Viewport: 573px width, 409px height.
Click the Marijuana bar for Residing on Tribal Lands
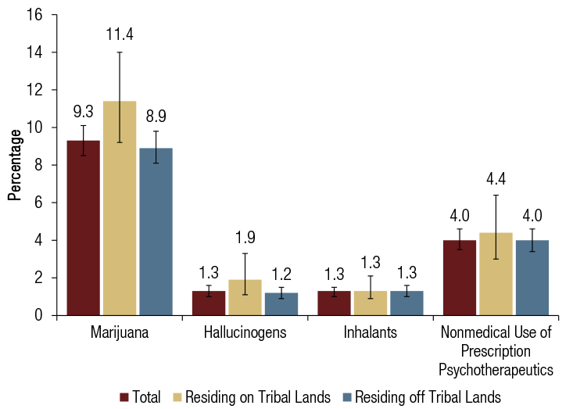[120, 208]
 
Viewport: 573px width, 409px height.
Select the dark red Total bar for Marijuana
[83, 228]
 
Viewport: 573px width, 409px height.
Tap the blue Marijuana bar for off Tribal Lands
[156, 231]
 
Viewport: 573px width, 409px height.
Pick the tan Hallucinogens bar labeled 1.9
[245, 297]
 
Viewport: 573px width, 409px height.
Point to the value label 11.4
[120, 33]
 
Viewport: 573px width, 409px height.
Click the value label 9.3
[83, 112]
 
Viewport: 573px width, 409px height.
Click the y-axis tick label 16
[35, 15]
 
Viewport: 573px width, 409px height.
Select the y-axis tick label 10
[35, 127]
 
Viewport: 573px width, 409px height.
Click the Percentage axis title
[14, 165]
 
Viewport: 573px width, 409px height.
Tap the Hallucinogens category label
[245, 333]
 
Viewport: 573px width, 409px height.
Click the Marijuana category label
[120, 333]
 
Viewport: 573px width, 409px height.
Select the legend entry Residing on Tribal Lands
[264, 396]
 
